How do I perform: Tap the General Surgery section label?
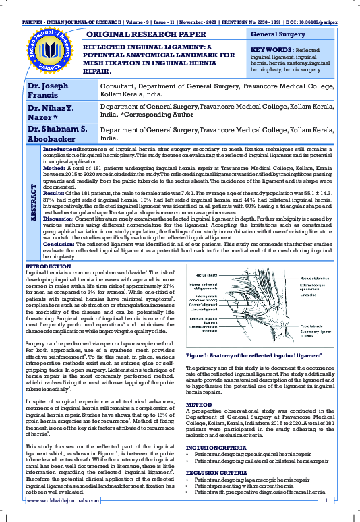278,33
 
